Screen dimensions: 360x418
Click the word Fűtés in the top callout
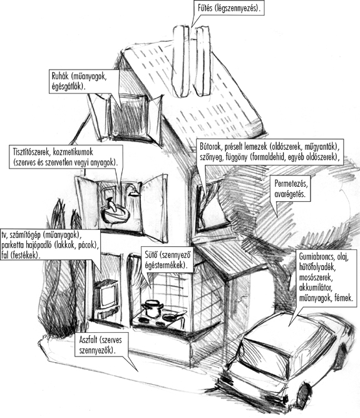[205, 8]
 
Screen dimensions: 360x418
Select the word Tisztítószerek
[32, 152]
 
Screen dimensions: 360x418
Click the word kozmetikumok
[73, 152]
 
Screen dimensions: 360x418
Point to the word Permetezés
[291, 184]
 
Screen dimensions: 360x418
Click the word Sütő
[150, 255]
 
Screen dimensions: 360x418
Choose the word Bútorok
[210, 147]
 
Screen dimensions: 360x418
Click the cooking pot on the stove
[152, 308]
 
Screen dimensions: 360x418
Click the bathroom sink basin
[115, 215]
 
